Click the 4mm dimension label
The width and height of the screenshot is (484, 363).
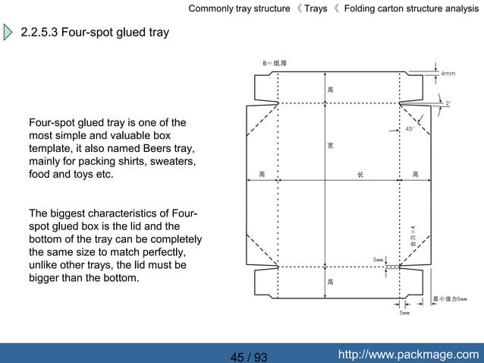pos(448,74)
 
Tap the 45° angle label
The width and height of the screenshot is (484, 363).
pos(410,129)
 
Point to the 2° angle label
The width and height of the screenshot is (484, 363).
pos(448,103)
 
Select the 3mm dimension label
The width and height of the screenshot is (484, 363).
pos(378,260)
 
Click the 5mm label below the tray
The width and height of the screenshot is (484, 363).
pos(404,313)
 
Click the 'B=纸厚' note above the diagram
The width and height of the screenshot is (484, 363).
pos(275,63)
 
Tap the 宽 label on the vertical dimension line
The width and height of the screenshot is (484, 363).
pos(330,144)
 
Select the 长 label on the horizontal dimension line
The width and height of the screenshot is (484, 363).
pos(360,175)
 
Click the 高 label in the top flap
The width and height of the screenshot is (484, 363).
pos(330,90)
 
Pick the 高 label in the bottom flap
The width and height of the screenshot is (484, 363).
pos(330,282)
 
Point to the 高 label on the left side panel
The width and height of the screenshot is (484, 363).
pos(262,175)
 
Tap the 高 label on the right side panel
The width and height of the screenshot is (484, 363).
pos(415,175)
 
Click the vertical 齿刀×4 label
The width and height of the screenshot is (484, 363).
pos(413,235)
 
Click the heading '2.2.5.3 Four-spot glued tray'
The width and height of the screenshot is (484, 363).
pos(95,33)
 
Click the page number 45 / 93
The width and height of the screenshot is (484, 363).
pos(249,357)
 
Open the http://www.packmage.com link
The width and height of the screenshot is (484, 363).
pos(408,354)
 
